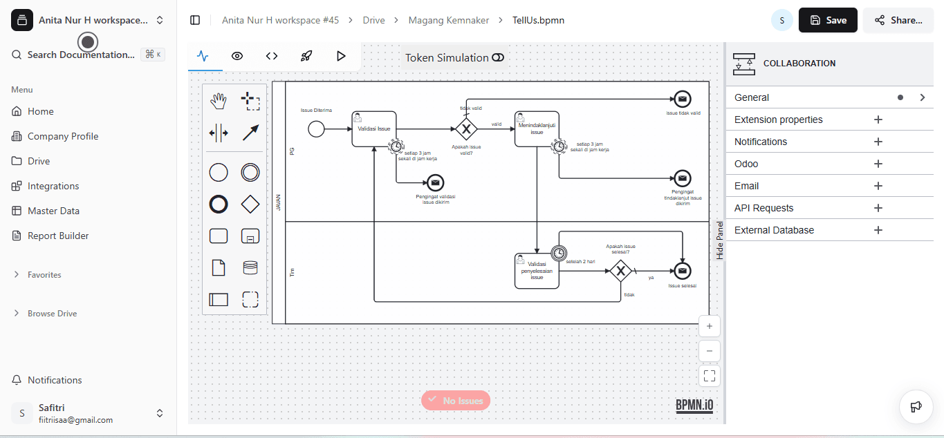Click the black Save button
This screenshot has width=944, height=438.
pos(828,20)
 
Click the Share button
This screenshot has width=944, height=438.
pos(898,20)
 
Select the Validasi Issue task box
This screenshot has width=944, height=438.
pos(374,129)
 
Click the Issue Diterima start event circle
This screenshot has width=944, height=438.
pos(316,128)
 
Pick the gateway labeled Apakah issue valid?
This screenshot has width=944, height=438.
pos(466,128)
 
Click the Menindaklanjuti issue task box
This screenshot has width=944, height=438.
pos(537,129)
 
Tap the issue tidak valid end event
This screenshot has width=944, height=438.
pos(682,99)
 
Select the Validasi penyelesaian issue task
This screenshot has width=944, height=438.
pos(537,270)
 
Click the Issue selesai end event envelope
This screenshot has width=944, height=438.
pos(682,271)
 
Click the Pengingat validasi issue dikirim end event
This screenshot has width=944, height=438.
pos(435,182)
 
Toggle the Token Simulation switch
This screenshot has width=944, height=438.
pos(498,58)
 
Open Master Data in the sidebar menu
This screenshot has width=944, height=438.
pos(53,211)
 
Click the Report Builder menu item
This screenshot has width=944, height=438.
pos(58,236)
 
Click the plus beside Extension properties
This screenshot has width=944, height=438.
pos(878,120)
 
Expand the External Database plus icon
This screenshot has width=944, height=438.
pos(878,230)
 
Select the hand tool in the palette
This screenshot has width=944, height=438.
pos(219,101)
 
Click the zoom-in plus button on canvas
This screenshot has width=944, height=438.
pos(709,326)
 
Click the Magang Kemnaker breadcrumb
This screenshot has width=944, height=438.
pos(448,20)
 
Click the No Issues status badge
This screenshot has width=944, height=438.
pos(456,400)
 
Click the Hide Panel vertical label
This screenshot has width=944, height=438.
pos(720,240)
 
